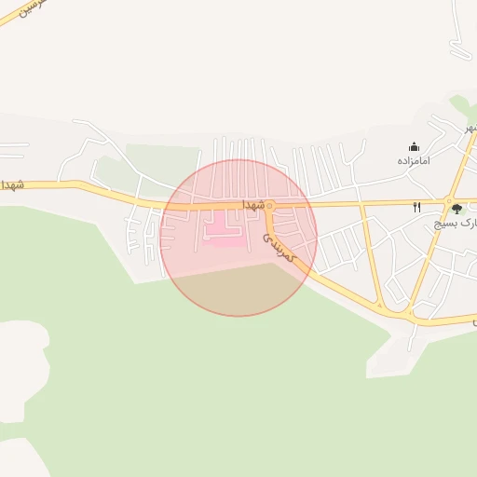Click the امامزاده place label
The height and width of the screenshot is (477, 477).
point(414,161)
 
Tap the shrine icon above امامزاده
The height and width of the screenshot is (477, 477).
point(414,146)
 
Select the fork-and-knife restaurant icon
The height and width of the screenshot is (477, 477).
point(416,207)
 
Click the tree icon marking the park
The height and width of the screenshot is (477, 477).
point(457,210)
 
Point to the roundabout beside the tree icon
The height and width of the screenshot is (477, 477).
point(449,200)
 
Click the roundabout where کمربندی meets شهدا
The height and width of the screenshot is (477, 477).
point(268,205)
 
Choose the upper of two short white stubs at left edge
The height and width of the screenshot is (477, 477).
point(13,144)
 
